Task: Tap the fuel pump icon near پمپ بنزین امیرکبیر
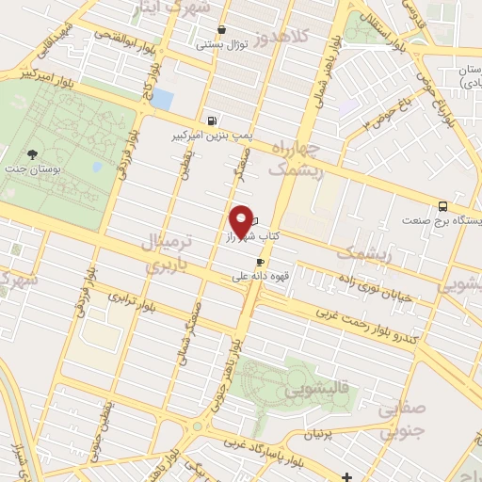pos(212,120)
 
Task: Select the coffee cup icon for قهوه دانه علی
pos(260,263)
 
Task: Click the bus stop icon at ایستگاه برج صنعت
pos(442,206)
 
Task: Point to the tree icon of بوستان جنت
pos(34,153)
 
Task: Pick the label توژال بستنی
pos(219,43)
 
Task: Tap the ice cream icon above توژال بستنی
pos(220,29)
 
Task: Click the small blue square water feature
pos(163,99)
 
